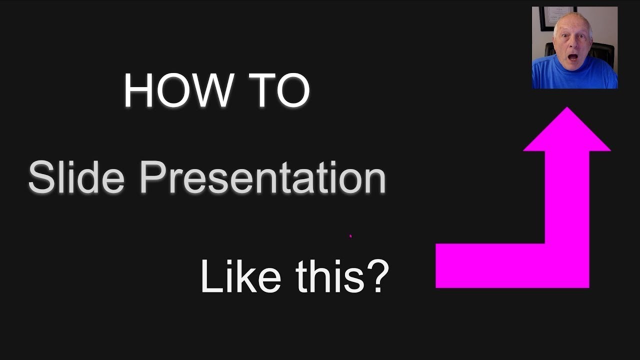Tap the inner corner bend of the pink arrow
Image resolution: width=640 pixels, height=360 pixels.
(x=545, y=243)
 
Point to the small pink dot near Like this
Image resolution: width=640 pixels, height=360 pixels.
(x=350, y=235)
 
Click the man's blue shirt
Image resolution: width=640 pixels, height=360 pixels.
(x=575, y=75)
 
